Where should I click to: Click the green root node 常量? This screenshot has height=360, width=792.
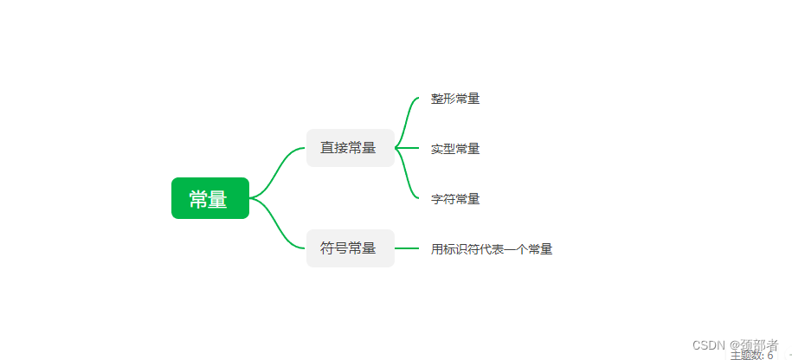click(x=209, y=198)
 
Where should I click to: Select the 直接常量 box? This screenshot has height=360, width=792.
click(x=350, y=148)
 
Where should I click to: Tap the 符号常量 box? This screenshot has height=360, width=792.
click(x=350, y=248)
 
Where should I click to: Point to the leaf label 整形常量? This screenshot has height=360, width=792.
click(x=455, y=99)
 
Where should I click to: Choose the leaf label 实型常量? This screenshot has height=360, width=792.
click(x=455, y=149)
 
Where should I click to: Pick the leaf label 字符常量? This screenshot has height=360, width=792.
click(x=455, y=199)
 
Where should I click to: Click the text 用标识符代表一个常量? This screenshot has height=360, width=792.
click(x=492, y=249)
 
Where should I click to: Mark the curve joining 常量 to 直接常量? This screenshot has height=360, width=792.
click(x=279, y=170)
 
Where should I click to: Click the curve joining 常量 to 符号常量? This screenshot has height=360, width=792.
click(x=279, y=226)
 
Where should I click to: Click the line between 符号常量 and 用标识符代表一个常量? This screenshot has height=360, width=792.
click(x=407, y=248)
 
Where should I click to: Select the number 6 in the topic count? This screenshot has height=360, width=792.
click(x=769, y=355)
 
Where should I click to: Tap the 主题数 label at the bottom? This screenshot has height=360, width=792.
click(x=746, y=355)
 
